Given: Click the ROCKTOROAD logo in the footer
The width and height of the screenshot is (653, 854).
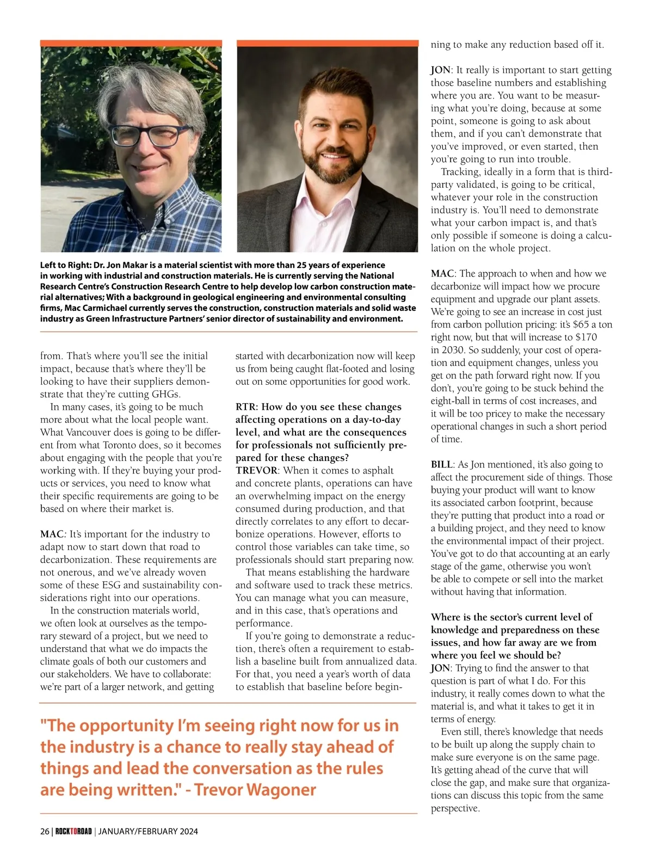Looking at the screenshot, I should click(73, 831).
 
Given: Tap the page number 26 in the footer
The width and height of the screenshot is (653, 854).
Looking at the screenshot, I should click(45, 831).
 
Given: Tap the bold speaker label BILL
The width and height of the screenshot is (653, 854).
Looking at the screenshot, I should click(441, 464).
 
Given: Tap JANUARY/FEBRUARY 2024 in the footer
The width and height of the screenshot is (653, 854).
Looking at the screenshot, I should click(148, 831).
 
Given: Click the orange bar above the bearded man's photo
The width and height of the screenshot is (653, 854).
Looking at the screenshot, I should click(327, 43).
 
